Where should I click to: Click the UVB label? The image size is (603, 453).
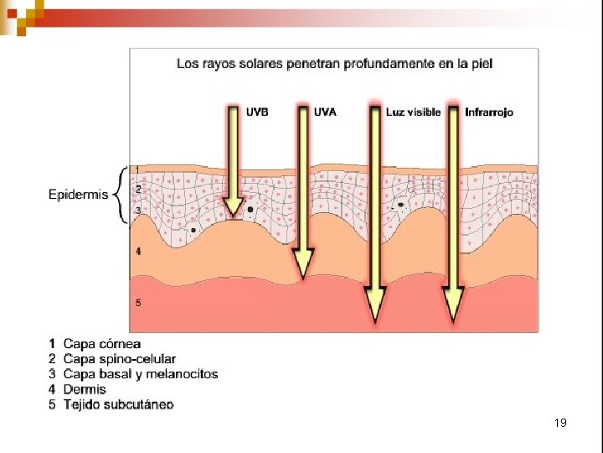point(258,112)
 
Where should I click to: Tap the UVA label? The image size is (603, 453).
point(326,112)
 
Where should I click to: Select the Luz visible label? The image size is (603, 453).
point(413,112)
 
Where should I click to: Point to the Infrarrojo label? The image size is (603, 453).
point(489,112)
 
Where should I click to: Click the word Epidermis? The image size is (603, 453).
point(79,195)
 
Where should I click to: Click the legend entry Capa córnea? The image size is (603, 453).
point(102,344)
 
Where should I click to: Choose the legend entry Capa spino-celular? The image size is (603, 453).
point(120,359)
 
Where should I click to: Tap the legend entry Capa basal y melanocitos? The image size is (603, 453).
point(140,374)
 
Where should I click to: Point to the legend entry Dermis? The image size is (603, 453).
point(85,389)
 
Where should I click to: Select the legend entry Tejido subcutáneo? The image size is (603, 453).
point(118,404)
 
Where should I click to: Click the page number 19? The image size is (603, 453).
point(560,423)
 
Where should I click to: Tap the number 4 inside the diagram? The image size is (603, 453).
point(138,252)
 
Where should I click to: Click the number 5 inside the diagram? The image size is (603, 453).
point(138,303)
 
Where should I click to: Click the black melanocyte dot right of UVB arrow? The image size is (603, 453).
point(250,209)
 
